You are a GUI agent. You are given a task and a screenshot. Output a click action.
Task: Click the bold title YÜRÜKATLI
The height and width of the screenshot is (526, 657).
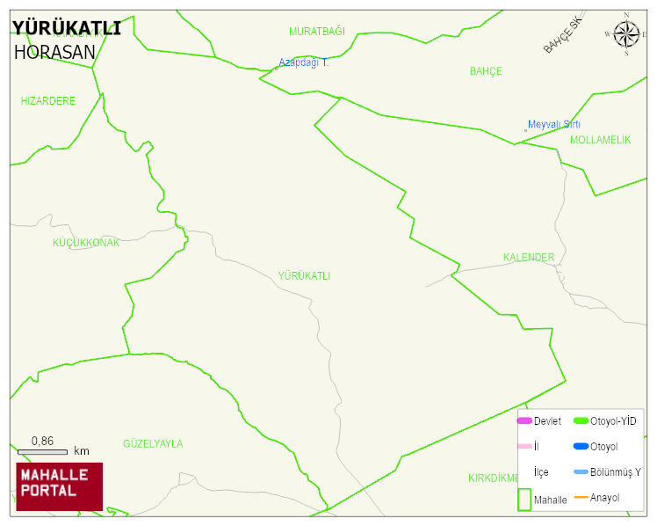click(67, 28)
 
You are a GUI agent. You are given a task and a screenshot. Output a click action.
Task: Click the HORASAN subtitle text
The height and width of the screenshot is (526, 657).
click(54, 52)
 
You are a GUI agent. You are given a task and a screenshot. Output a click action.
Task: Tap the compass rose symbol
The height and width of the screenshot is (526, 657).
click(626, 34)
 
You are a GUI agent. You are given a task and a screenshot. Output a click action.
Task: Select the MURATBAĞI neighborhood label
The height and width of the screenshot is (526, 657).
click(317, 32)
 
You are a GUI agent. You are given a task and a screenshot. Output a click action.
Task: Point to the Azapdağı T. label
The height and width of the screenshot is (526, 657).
click(303, 62)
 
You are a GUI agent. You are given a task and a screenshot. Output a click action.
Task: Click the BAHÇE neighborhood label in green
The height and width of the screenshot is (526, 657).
click(486, 71)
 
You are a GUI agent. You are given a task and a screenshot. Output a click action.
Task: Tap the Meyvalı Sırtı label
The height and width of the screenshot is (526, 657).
click(553, 125)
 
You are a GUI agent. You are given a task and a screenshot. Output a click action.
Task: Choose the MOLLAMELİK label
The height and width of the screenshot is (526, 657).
click(600, 140)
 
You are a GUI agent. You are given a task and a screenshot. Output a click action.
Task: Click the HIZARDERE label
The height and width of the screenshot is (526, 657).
click(48, 101)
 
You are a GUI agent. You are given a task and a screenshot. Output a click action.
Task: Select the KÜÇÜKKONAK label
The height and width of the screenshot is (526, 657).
click(86, 243)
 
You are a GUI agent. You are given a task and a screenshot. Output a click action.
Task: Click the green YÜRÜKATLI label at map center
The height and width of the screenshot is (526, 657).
click(304, 276)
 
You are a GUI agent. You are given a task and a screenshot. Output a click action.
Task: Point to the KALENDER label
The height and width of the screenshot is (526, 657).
click(529, 258)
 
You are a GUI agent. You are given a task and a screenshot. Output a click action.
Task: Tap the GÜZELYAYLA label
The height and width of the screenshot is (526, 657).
click(153, 444)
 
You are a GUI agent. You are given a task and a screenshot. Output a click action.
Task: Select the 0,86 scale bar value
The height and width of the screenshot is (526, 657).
click(42, 441)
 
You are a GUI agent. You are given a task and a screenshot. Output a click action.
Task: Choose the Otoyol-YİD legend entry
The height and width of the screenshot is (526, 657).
click(613, 421)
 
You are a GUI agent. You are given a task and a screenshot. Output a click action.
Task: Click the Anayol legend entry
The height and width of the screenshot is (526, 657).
click(604, 498)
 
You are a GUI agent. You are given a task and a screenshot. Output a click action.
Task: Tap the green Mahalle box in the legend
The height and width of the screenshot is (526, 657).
click(524, 499)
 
